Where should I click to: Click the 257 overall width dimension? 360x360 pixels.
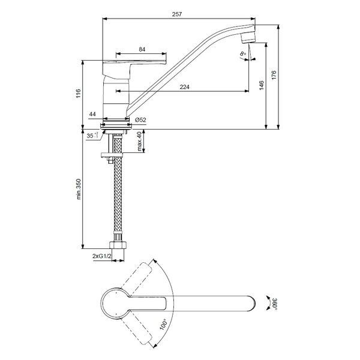(x=177, y=14)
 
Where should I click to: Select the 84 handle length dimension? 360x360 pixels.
(x=142, y=49)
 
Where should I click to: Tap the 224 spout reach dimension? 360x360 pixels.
(x=185, y=87)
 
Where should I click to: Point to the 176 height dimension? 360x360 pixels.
(x=274, y=76)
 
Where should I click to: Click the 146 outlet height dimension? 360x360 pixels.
(x=262, y=85)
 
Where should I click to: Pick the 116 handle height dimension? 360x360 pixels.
(x=78, y=94)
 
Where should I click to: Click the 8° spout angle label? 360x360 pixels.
(x=242, y=54)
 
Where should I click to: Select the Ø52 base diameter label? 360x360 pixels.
(x=140, y=120)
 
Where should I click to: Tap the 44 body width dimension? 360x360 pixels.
(x=92, y=114)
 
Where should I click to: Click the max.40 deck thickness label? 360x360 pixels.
(x=139, y=141)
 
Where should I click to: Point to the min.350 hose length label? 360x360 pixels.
(x=79, y=189)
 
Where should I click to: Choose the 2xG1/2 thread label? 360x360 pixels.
(x=102, y=256)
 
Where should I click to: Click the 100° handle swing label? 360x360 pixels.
(x=163, y=324)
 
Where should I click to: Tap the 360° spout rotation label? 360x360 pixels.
(x=275, y=304)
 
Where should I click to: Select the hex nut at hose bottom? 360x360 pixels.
(x=118, y=245)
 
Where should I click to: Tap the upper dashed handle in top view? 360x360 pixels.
(x=136, y=277)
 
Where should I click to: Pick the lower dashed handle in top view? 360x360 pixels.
(x=136, y=330)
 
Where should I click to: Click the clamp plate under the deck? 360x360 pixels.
(x=112, y=155)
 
